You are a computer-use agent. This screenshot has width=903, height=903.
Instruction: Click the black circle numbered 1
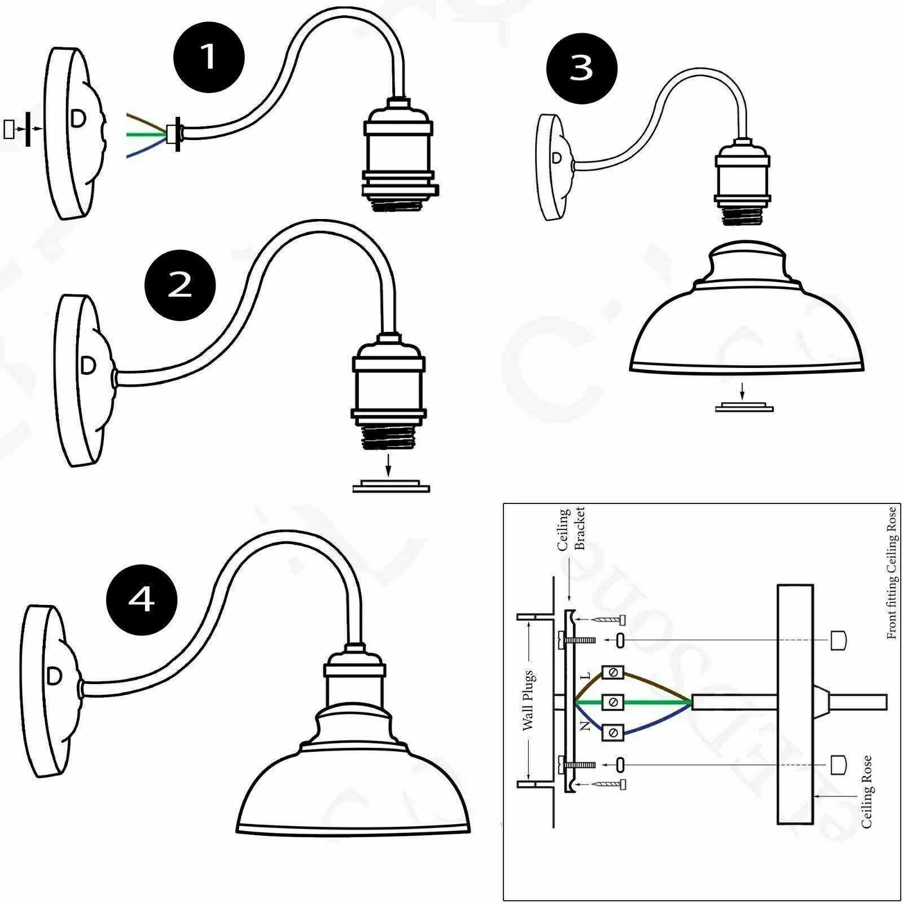tap(209, 57)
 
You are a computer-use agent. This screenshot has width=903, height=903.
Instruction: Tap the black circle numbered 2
tap(180, 285)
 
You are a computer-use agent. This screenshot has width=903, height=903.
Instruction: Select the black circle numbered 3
tap(581, 68)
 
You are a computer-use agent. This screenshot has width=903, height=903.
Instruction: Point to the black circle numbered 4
tap(142, 599)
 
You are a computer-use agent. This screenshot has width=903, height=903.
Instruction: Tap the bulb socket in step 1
tap(397, 155)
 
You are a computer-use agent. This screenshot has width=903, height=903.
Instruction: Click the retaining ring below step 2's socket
tap(391, 486)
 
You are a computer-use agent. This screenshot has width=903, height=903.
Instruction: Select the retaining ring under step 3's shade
tap(744, 407)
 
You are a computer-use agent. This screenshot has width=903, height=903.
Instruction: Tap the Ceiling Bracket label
tap(571, 529)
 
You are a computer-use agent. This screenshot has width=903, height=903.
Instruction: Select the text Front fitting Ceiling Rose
tap(891, 573)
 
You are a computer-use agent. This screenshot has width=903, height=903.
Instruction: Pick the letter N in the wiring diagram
tap(586, 726)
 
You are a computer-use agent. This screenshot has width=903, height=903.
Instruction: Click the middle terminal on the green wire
tap(612, 702)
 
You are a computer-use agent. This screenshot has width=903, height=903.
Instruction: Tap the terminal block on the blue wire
tap(612, 733)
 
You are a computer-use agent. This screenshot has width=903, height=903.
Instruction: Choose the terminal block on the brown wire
tap(612, 672)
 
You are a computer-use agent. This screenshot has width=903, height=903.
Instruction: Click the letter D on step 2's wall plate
tap(88, 366)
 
